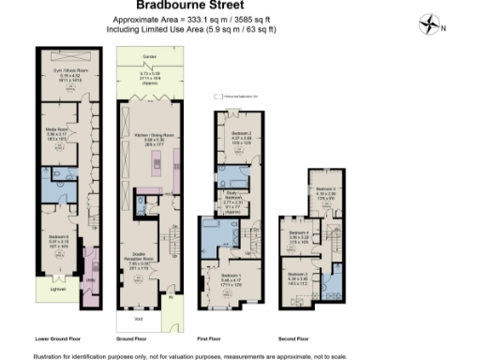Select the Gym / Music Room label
click(x=62, y=71)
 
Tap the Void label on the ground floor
click(x=138, y=319)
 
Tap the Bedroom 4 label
click(x=299, y=232)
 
